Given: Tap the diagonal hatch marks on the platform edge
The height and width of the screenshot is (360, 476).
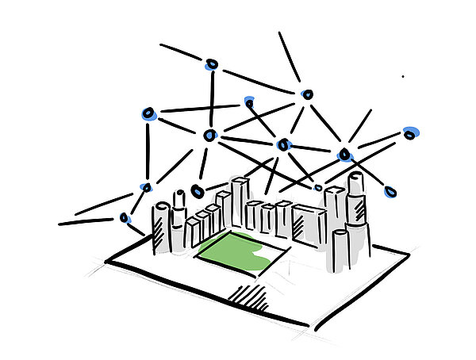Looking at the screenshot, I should pyautogui.click(x=248, y=296).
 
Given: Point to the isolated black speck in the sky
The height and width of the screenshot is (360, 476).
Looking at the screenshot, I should pyautogui.click(x=402, y=77).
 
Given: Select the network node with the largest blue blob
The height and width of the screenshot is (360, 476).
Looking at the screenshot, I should pyautogui.click(x=410, y=133).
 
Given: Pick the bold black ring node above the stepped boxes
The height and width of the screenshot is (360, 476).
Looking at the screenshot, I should pyautogui.click(x=198, y=191).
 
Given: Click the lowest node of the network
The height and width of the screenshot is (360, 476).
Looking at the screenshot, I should pyautogui.click(x=125, y=217).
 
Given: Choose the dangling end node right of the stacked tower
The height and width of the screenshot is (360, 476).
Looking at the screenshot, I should pyautogui.click(x=390, y=191).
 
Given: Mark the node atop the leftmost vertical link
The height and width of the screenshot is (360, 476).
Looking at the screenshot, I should pyautogui.click(x=148, y=115).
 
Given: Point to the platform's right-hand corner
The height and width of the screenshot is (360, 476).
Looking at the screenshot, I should pyautogui.click(x=409, y=255).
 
